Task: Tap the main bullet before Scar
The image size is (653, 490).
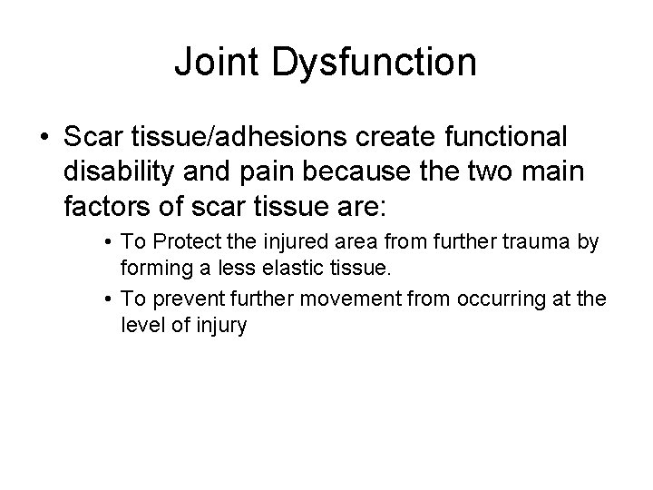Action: pyautogui.click(x=45, y=138)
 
